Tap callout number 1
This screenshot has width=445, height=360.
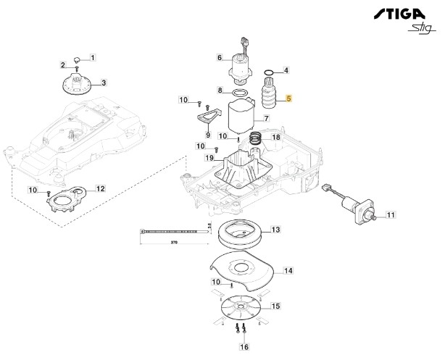coord(92,57)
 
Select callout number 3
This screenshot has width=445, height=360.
coord(104,83)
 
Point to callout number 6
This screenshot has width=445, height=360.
coord(220,57)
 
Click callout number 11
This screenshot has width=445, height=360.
coord(391,215)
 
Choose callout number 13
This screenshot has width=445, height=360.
coord(275,230)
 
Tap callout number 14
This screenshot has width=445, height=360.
coord(287,271)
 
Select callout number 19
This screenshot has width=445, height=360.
coord(209,158)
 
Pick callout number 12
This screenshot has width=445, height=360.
coord(100,188)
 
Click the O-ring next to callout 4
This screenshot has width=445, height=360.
coord(269,72)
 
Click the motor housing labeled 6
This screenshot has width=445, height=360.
coord(239,65)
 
